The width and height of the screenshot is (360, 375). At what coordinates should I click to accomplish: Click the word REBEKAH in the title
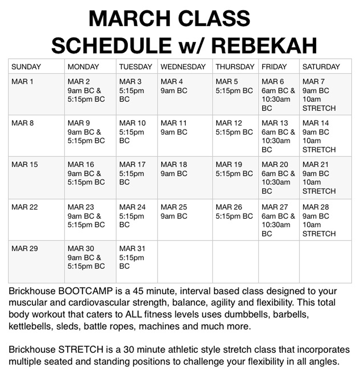(x=264, y=46)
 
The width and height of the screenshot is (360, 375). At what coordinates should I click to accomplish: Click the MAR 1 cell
(x=36, y=94)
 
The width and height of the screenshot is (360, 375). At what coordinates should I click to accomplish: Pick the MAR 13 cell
(x=279, y=136)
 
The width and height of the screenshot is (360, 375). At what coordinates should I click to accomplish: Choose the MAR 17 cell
(x=137, y=177)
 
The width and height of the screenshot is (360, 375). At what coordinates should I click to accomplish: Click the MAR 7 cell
(x=325, y=94)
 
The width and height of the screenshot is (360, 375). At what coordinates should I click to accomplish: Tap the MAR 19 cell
(x=235, y=177)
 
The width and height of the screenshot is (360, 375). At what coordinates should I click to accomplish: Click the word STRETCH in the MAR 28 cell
(x=319, y=234)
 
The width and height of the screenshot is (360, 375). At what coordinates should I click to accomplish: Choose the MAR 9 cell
(x=90, y=136)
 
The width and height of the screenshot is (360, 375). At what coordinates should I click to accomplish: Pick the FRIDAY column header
(x=274, y=67)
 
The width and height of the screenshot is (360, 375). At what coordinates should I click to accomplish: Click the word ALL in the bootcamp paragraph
(x=137, y=315)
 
